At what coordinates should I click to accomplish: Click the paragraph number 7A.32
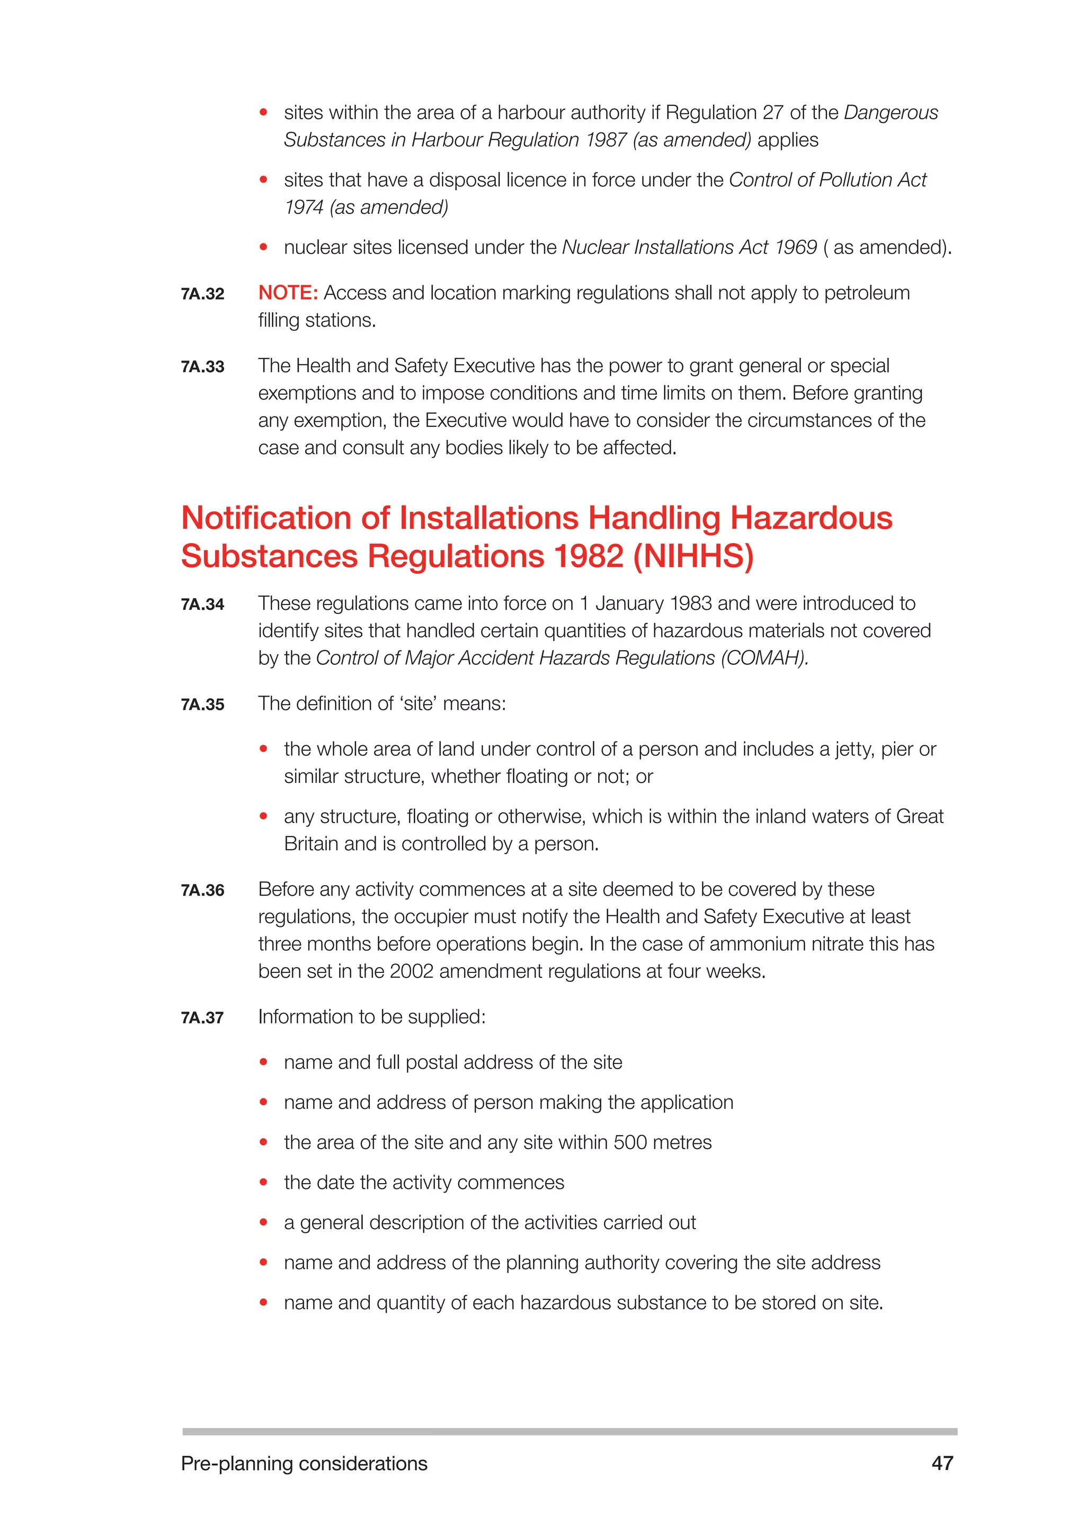coord(202,294)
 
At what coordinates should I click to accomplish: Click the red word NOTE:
coord(288,292)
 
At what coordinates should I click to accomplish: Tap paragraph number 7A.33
coord(202,366)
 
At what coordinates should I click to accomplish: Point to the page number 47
coord(942,1463)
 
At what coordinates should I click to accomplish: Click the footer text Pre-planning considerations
coord(304,1464)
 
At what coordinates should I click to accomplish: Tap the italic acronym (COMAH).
coord(764,657)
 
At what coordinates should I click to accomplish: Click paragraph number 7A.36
coord(202,890)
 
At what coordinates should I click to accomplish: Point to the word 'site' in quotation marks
coord(417,703)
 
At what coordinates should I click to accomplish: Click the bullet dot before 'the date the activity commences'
coord(264,1183)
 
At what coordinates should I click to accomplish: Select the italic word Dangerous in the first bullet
coord(891,112)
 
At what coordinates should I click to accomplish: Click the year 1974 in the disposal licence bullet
coord(304,207)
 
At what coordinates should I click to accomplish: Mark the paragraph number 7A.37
coord(202,1017)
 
